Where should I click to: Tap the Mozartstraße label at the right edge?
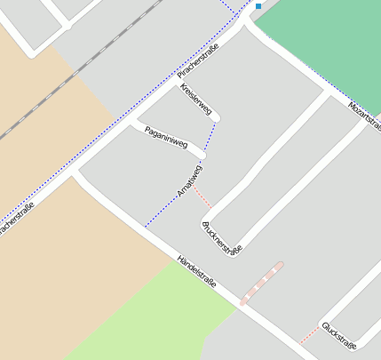(365, 116)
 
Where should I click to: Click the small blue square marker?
(258, 6)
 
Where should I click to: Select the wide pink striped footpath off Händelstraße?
(261, 284)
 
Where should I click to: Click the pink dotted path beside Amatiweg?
(203, 197)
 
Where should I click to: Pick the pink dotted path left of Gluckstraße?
(309, 335)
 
